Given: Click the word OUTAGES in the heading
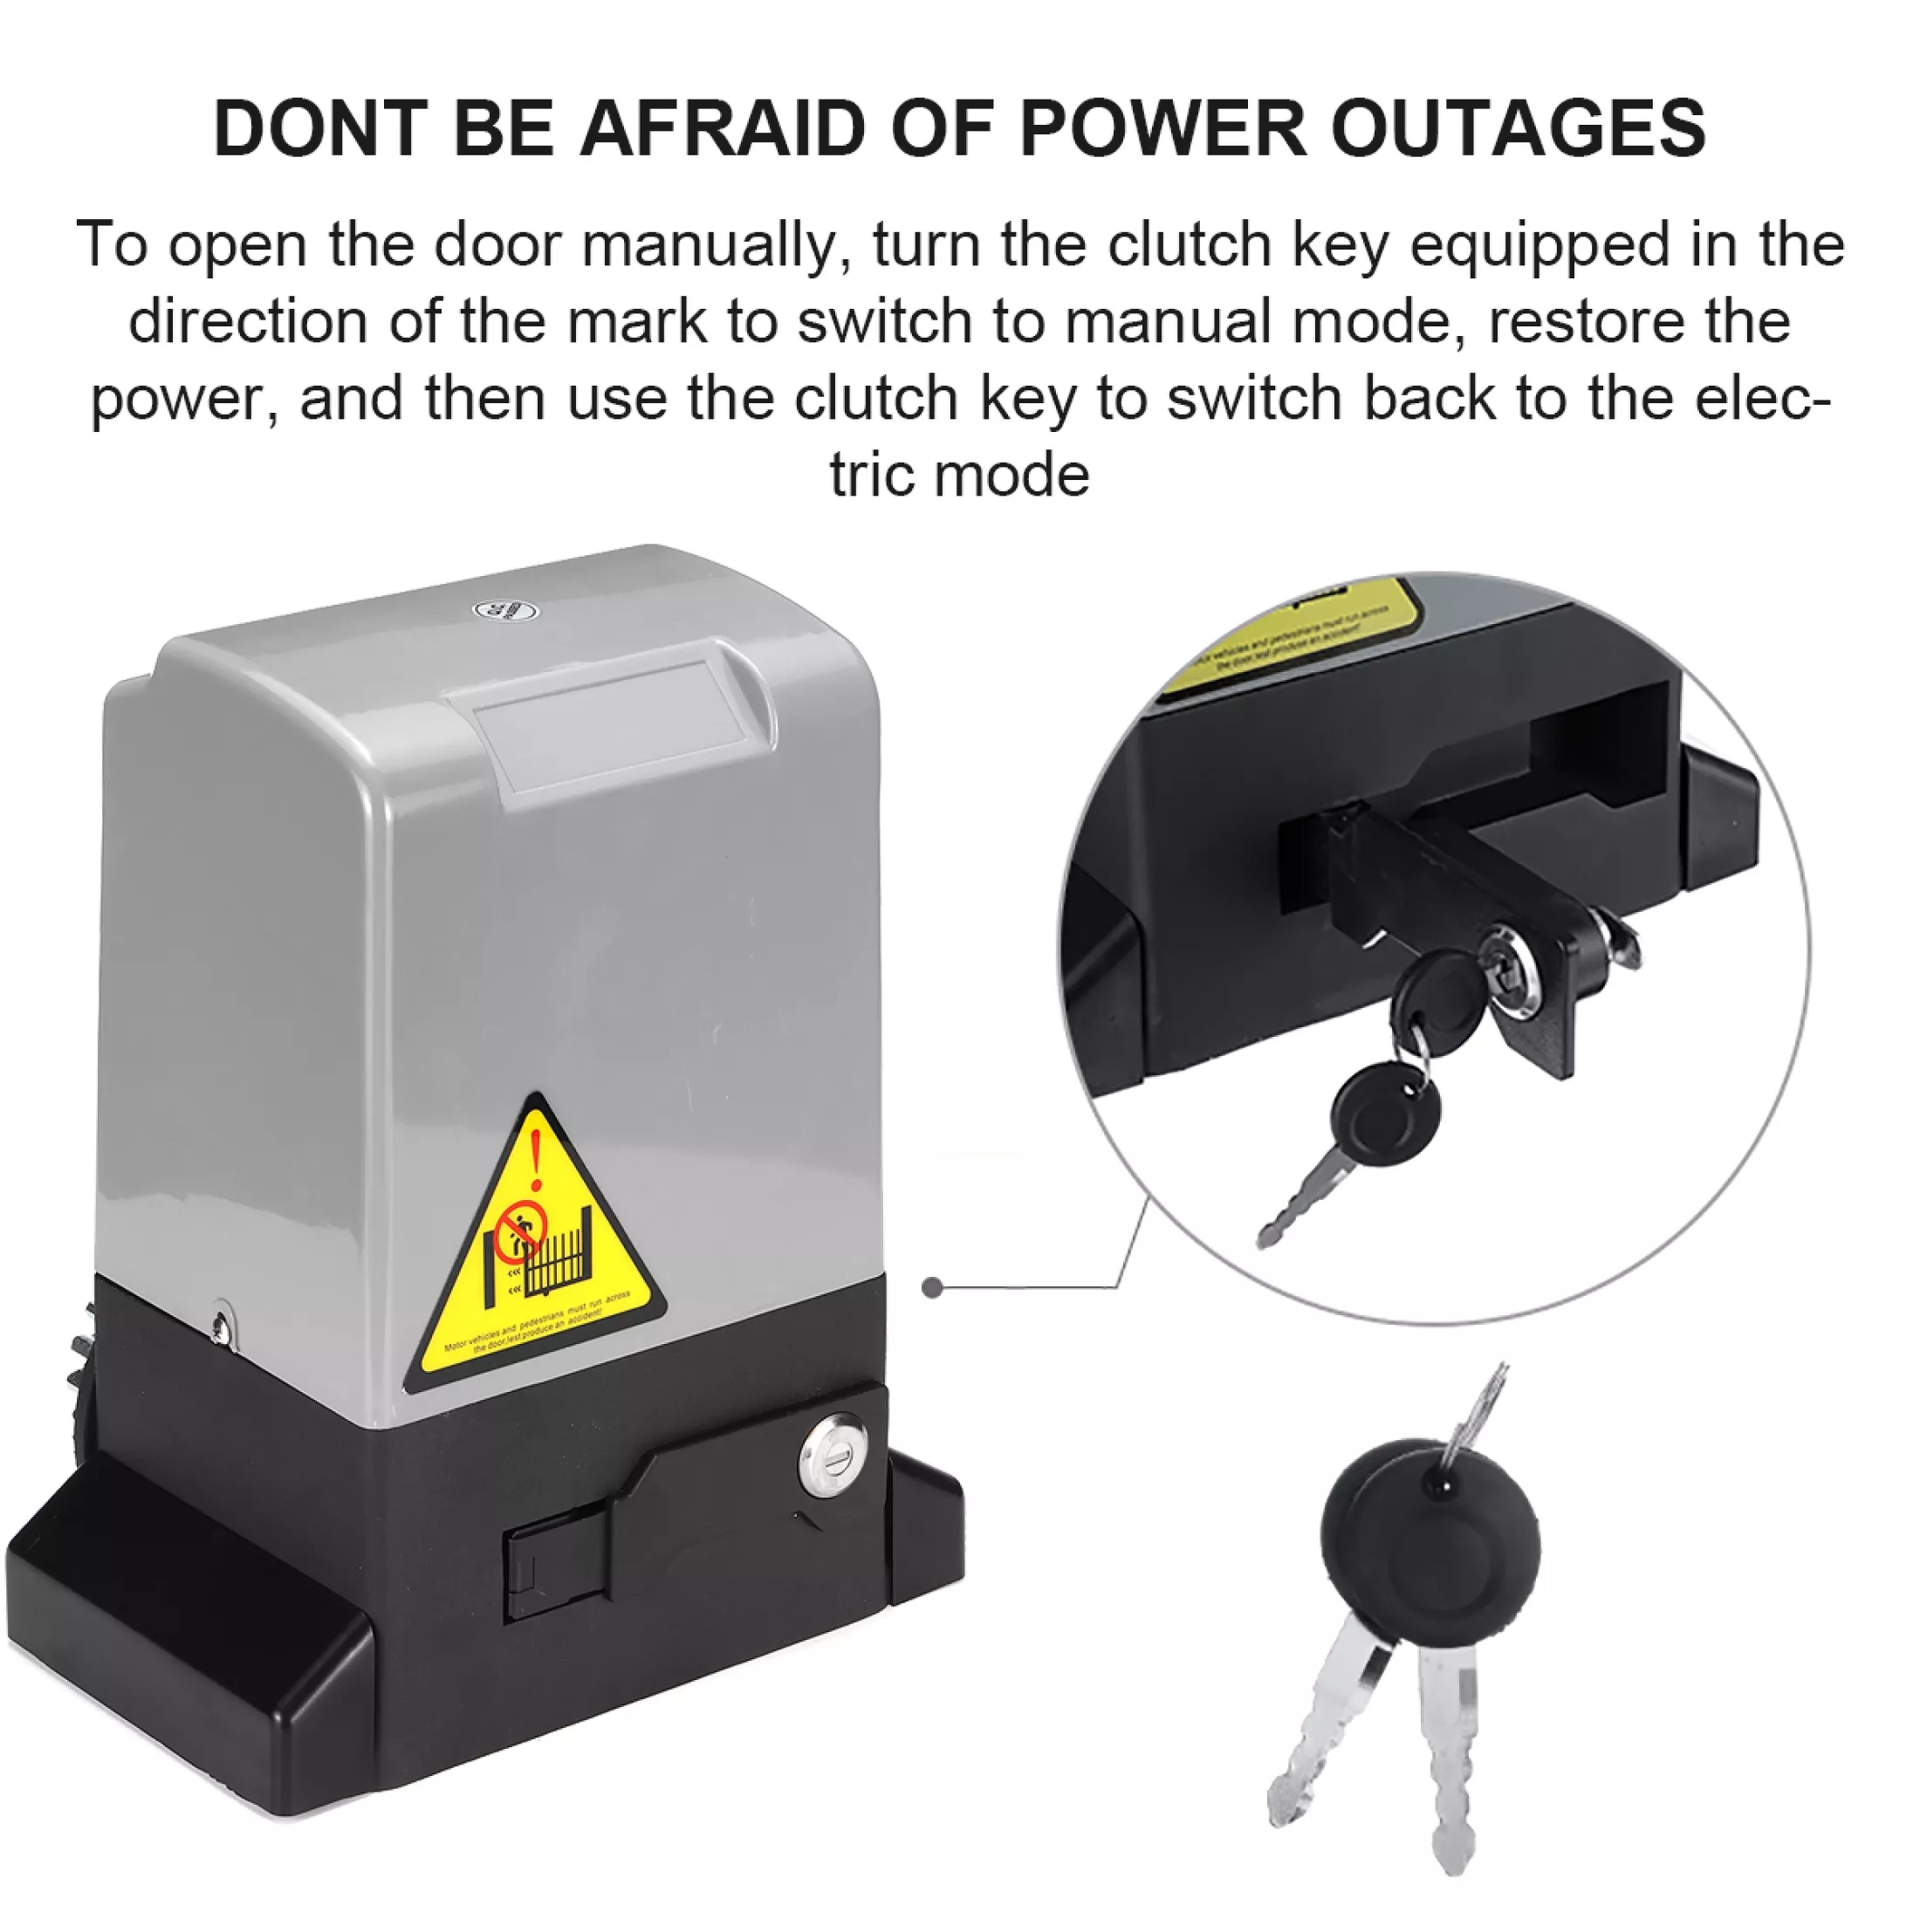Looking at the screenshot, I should [1517, 128].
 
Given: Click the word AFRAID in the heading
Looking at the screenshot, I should [723, 128].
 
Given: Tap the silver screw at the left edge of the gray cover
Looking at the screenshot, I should [221, 1325].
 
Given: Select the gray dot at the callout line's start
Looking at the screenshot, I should [932, 1288].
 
